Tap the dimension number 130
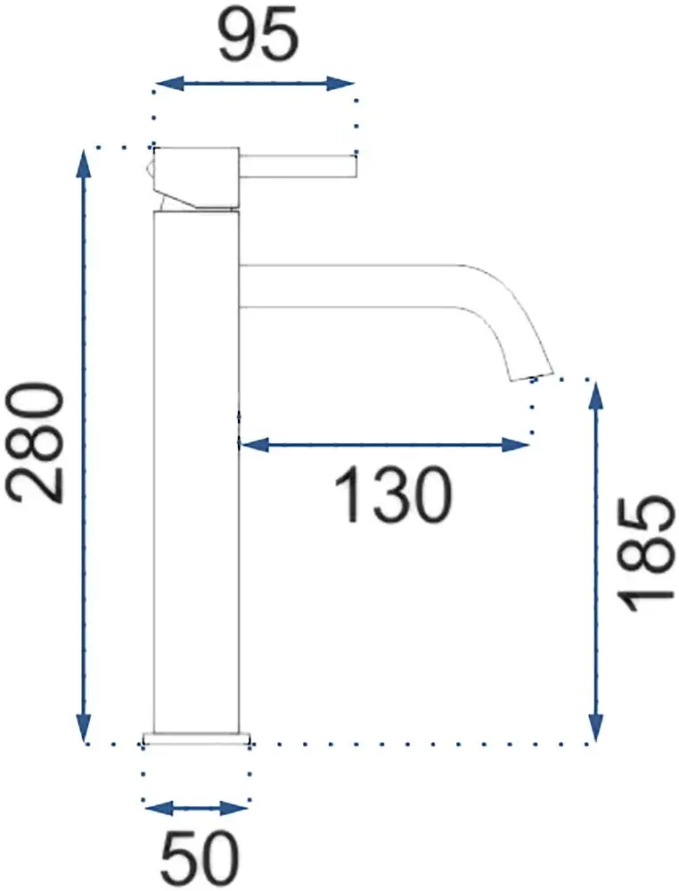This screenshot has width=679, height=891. pyautogui.click(x=394, y=494)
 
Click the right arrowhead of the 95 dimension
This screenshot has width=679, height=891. pyautogui.click(x=340, y=84)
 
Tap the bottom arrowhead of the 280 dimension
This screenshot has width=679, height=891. pyautogui.click(x=84, y=725)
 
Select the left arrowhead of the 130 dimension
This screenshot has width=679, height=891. pyautogui.click(x=253, y=444)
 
